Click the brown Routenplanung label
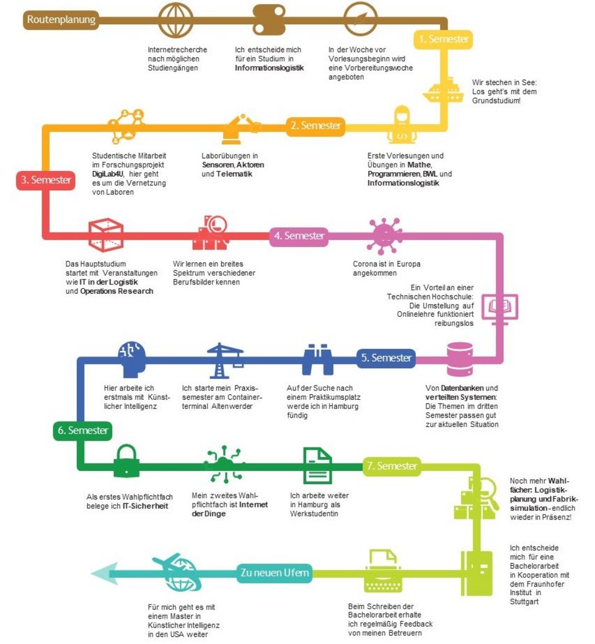61,20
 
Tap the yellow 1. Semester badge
444,40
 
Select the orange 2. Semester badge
315,126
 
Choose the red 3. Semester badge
46,180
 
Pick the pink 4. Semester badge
299,236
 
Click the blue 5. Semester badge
386,358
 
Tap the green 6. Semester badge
82,431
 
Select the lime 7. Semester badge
392,466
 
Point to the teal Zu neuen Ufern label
275,573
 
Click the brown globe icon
176,20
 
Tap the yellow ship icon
444,90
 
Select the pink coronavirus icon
385,236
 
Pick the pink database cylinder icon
460,359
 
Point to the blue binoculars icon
317,359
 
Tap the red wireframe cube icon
106,235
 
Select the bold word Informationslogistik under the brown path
270,68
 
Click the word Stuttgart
524,602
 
